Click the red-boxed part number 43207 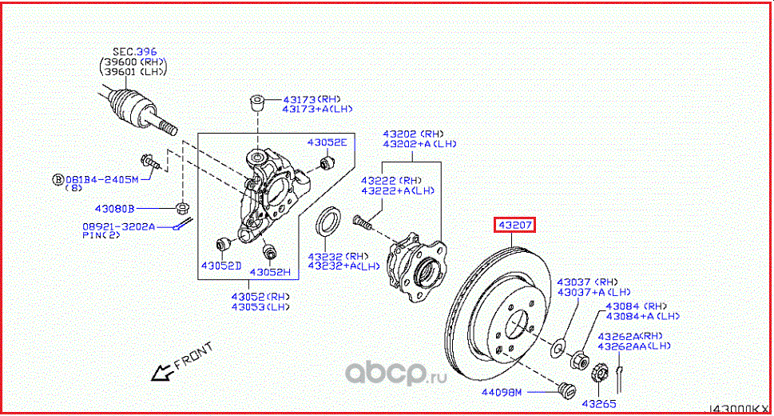point(514,226)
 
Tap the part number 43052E point(327,142)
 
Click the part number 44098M point(502,392)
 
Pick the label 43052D point(220,265)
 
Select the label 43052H point(270,272)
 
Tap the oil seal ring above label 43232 point(328,222)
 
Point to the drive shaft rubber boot point(126,105)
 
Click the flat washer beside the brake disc point(557,349)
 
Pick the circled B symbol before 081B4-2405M point(58,179)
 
